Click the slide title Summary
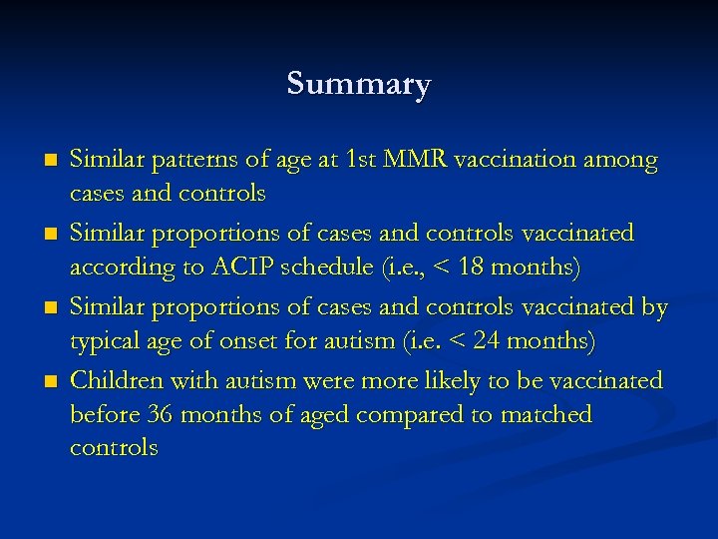(x=358, y=83)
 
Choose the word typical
(x=106, y=342)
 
